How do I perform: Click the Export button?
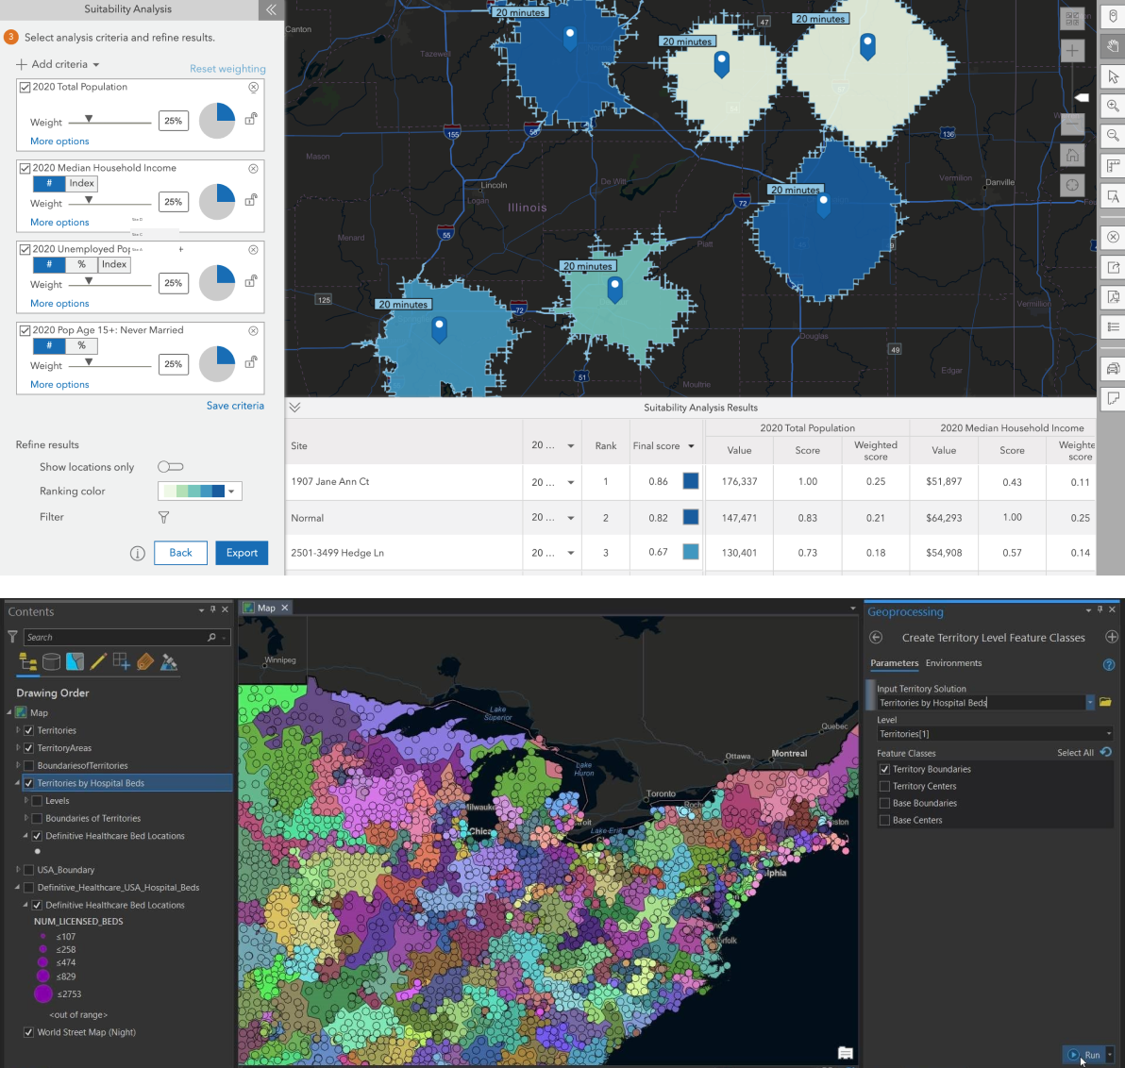click(242, 553)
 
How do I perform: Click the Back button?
click(180, 553)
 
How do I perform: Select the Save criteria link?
click(235, 406)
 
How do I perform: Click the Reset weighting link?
click(227, 69)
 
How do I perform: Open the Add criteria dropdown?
click(59, 64)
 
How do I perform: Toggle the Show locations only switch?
click(170, 467)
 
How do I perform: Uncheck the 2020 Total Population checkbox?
click(25, 87)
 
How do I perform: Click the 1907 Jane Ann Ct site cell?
click(330, 481)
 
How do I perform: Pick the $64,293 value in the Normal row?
click(944, 517)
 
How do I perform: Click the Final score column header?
click(657, 446)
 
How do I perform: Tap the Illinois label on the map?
click(527, 208)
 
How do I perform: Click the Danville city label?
click(999, 182)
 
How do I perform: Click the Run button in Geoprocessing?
click(1086, 1055)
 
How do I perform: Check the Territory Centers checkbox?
click(884, 786)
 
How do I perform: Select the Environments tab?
click(953, 663)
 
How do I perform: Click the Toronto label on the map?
click(661, 793)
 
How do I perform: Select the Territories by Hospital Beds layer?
click(91, 783)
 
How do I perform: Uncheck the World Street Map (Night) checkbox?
click(28, 1032)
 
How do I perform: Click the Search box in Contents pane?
click(118, 638)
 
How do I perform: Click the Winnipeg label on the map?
click(280, 659)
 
